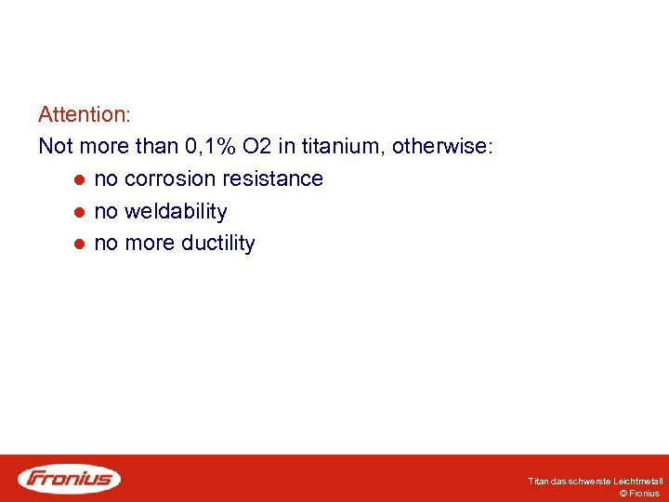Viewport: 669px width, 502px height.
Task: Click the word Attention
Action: pyautogui.click(x=83, y=115)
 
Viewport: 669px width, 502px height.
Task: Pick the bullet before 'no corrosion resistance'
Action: pyautogui.click(x=81, y=179)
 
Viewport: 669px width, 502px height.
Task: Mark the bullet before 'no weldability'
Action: pyautogui.click(x=81, y=212)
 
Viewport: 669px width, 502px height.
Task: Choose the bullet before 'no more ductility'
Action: pyautogui.click(x=81, y=244)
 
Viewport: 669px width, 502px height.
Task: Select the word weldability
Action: pyautogui.click(x=176, y=212)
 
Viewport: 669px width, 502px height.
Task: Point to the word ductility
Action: pyautogui.click(x=217, y=244)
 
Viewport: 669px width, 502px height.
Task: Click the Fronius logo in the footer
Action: pyautogui.click(x=70, y=479)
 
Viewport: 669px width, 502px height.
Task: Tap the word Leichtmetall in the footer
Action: pyautogui.click(x=640, y=482)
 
